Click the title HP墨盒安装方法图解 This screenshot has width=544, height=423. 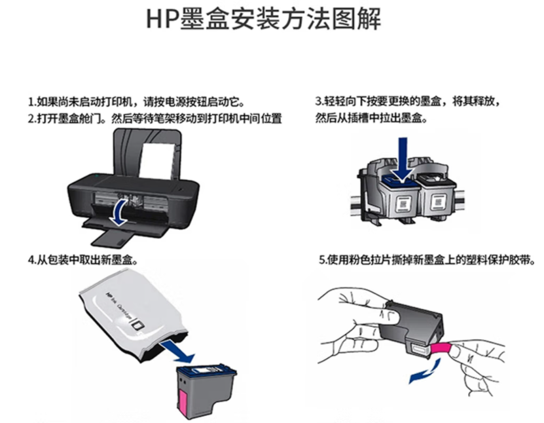[x=264, y=18]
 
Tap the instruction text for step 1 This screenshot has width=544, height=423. [x=137, y=102]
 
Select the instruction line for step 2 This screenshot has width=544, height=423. [x=154, y=119]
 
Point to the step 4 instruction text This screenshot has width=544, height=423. [x=82, y=260]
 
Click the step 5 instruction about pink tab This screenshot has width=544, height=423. [x=427, y=260]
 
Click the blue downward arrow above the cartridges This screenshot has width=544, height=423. [x=403, y=159]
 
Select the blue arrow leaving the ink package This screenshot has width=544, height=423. [x=177, y=351]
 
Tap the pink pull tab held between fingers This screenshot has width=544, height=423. [x=441, y=348]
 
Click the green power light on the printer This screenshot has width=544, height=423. [x=97, y=177]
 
